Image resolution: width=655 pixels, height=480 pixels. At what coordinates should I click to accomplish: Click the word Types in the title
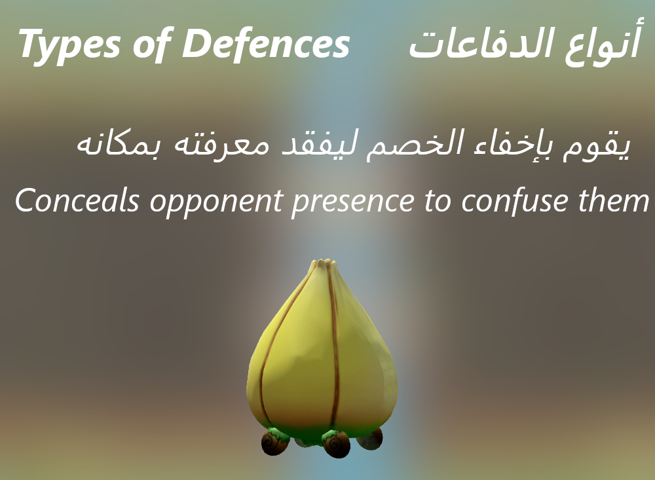point(69,45)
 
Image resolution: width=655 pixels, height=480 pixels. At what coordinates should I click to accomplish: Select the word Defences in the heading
point(266,43)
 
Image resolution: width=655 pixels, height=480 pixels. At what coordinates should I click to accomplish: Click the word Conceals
point(77,200)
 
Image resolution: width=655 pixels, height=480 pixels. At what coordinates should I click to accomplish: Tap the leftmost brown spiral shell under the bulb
point(275,442)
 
